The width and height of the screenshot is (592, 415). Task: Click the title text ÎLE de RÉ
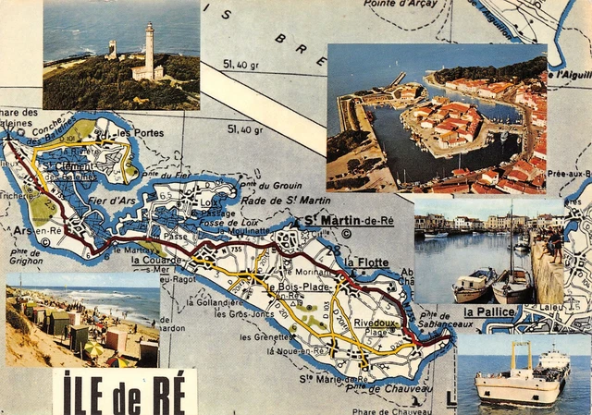coord(125,392)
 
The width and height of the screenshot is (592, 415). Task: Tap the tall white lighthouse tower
coord(148,51)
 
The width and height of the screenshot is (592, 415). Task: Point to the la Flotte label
coord(366,262)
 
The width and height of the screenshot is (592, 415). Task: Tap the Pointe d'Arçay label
coord(401,4)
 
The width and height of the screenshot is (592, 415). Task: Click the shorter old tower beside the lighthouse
coord(112,49)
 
